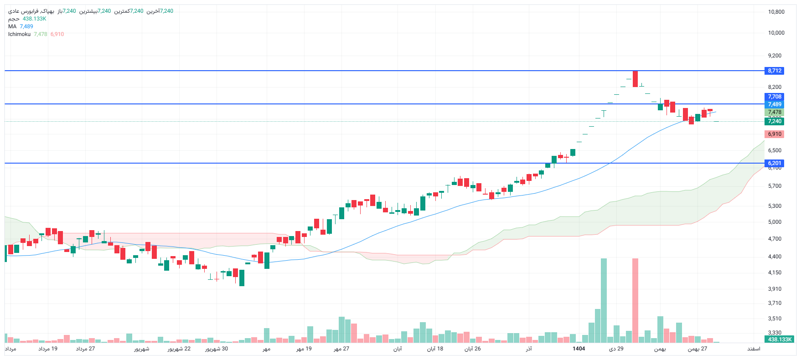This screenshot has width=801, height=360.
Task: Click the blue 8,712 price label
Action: [774, 71]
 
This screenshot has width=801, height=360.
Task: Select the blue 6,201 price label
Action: [774, 163]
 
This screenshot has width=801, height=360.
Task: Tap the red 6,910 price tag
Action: [774, 134]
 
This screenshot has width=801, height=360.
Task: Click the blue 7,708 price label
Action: [774, 97]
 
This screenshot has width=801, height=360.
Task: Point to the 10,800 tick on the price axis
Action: [776, 12]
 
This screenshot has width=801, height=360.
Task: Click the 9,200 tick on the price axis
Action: [774, 56]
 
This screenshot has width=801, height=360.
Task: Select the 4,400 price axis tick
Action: [774, 257]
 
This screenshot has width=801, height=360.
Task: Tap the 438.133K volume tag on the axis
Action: [780, 339]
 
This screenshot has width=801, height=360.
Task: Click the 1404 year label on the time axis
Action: [579, 349]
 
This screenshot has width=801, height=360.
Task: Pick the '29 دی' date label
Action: [616, 349]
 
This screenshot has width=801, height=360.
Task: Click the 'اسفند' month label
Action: [754, 349]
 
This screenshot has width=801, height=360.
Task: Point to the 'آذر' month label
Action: [528, 349]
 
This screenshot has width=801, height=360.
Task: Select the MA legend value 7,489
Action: [26, 26]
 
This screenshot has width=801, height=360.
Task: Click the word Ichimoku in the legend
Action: [19, 34]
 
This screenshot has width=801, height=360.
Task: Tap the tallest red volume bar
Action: [635, 301]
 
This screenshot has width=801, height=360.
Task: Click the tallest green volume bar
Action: [604, 301]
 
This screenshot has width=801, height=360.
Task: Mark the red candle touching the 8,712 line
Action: [635, 79]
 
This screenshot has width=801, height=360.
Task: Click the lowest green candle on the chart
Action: [242, 278]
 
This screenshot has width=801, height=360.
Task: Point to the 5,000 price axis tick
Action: [774, 222]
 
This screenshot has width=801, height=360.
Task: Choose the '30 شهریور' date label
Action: [217, 349]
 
